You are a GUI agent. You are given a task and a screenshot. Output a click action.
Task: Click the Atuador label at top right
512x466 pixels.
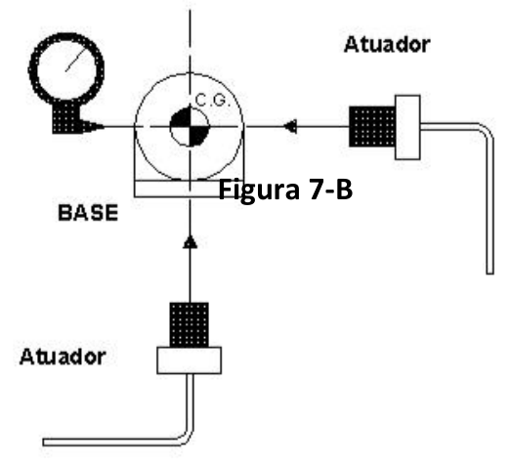pyautogui.click(x=387, y=45)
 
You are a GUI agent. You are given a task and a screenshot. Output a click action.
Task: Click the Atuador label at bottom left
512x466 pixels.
pyautogui.click(x=63, y=357)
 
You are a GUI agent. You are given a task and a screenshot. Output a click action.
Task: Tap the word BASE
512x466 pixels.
pyautogui.click(x=88, y=213)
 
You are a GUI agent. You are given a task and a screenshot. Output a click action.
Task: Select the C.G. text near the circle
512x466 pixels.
pyautogui.click(x=213, y=101)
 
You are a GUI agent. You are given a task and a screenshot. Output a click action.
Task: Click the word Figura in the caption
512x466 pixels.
pyautogui.click(x=259, y=190)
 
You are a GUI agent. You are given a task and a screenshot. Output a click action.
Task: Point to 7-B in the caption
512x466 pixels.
pyautogui.click(x=330, y=190)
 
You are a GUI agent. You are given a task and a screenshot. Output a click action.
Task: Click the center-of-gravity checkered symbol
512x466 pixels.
pyautogui.click(x=190, y=126)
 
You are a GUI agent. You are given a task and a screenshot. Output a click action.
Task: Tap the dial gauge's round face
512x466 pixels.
pyautogui.click(x=66, y=67)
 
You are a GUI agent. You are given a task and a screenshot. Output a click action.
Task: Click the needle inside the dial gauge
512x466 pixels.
pyautogui.click(x=76, y=60)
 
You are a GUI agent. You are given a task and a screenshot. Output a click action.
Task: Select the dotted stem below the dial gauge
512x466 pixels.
pyautogui.click(x=66, y=117)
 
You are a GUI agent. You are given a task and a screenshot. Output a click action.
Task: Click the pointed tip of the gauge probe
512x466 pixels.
pyautogui.click(x=104, y=126)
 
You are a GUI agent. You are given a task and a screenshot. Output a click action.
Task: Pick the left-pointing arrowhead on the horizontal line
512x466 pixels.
pyautogui.click(x=290, y=126)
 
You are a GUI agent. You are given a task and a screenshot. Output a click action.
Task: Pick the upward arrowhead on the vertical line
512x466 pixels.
pyautogui.click(x=191, y=242)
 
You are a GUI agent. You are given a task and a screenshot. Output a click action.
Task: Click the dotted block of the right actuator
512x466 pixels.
pyautogui.click(x=372, y=126)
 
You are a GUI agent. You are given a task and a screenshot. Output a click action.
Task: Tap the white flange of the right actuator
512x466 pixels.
pyautogui.click(x=407, y=127)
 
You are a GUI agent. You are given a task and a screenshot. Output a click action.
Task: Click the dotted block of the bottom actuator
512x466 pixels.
pyautogui.click(x=190, y=325)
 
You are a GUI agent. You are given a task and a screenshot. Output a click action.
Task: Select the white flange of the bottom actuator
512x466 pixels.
pyautogui.click(x=190, y=360)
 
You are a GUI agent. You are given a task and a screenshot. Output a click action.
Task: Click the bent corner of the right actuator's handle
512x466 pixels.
pyautogui.click(x=487, y=130)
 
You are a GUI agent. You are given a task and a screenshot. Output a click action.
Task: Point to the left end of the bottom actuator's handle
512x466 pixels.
pyautogui.click(x=44, y=443)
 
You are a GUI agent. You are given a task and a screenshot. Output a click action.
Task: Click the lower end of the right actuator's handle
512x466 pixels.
pyautogui.click(x=490, y=273)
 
